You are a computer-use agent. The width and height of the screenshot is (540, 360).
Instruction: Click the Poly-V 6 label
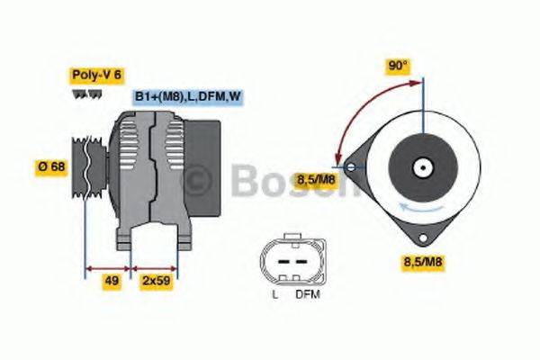[95, 76]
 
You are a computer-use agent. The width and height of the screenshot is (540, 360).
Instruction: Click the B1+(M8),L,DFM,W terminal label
[187, 96]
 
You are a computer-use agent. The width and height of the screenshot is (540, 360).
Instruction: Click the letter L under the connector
[274, 293]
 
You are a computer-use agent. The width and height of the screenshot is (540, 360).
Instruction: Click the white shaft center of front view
[423, 166]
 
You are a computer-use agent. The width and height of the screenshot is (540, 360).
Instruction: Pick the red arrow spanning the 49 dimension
[108, 267]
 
